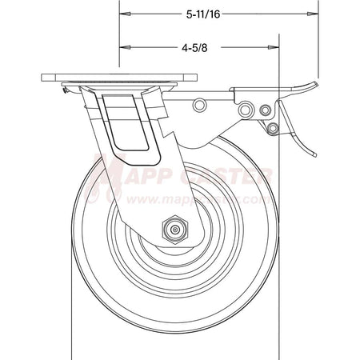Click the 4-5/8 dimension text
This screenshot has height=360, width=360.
[197, 48]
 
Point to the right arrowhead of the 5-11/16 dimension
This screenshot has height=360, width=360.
[312, 14]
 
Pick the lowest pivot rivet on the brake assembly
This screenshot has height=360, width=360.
[274, 127]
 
